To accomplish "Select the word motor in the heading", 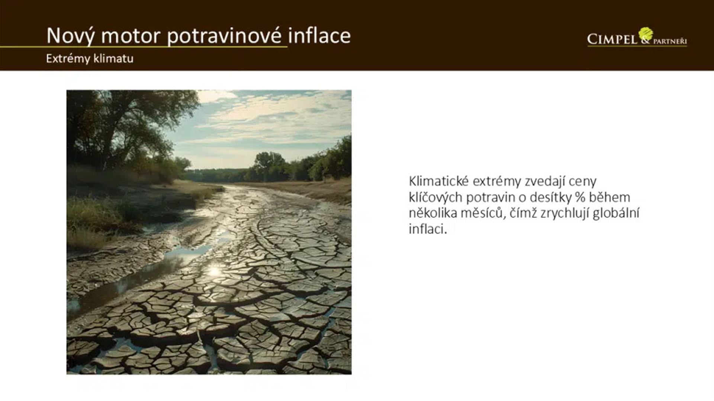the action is tap(131, 36).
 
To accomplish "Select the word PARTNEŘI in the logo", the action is tap(670, 41).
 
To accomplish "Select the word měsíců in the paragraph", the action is tap(483, 213).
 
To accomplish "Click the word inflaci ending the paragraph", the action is tap(428, 229).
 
